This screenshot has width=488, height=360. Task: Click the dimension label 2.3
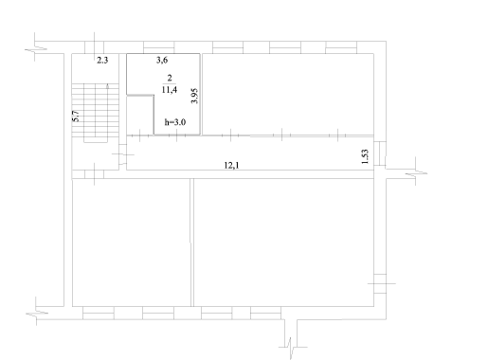point(102,60)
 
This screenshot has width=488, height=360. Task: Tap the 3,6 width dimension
point(162,60)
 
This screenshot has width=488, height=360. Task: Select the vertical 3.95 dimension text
point(194,96)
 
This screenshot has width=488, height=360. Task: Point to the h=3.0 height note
point(175,122)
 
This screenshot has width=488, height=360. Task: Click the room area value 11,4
point(170,90)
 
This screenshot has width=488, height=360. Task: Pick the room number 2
point(170,78)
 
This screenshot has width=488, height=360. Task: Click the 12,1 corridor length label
point(231,165)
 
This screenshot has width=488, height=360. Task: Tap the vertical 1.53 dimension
point(365,156)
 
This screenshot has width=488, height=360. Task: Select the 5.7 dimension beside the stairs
point(76,117)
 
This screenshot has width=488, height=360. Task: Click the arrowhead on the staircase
point(108,85)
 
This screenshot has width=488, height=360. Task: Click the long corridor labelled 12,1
point(250,153)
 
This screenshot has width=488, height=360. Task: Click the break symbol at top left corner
point(35,49)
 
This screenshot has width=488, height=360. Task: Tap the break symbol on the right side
point(416,173)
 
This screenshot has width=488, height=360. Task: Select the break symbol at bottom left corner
point(36,314)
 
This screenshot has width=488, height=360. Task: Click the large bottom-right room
point(283,243)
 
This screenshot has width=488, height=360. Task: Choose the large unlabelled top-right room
point(288,94)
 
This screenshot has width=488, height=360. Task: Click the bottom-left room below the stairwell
point(131,243)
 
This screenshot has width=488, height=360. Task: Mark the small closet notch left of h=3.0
point(140,115)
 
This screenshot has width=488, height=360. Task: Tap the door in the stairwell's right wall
point(123,154)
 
